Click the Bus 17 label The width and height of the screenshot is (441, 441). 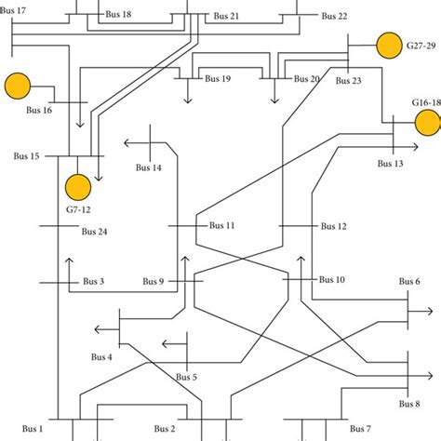[14, 9]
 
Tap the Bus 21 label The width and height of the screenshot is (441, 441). [226, 16]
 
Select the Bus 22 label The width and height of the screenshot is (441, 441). [335, 16]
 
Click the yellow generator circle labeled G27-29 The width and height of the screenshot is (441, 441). [387, 44]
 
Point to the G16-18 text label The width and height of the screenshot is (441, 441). [426, 101]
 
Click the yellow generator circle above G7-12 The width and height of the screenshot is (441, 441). [78, 186]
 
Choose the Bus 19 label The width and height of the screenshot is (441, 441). [219, 79]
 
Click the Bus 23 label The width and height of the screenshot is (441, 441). [349, 81]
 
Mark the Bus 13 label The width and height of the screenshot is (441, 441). [391, 164]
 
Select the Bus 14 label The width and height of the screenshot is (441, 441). [148, 167]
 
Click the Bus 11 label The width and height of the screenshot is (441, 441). [222, 225]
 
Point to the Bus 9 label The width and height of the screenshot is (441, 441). [154, 282]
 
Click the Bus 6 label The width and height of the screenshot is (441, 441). [409, 281]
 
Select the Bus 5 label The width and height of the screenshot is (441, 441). [187, 377]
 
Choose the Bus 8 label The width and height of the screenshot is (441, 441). [409, 404]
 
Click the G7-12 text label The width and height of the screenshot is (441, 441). [78, 210]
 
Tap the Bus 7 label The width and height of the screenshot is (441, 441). [361, 429]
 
